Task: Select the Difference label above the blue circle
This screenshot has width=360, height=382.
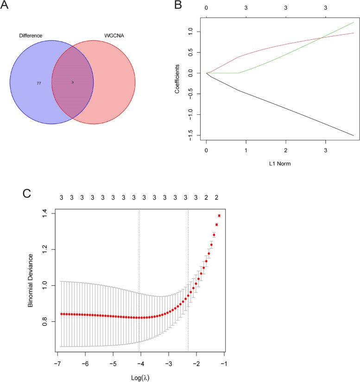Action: point(31,35)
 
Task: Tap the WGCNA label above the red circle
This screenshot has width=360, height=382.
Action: point(103,35)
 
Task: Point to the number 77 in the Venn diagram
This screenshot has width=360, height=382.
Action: point(39,83)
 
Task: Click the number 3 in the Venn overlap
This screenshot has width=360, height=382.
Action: point(73,82)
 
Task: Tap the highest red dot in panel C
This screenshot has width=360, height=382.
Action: point(219,215)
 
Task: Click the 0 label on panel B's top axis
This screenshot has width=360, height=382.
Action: point(206,8)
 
